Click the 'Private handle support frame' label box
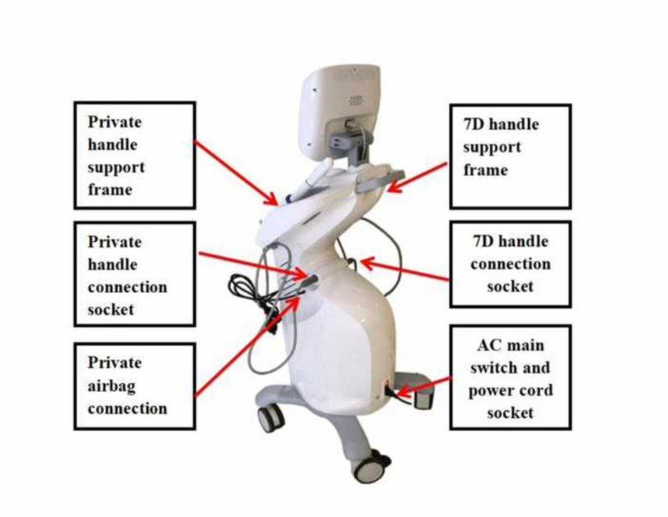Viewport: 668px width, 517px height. [x=134, y=155]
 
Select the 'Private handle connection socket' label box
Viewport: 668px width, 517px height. [x=134, y=274]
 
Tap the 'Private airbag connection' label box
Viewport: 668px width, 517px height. [x=134, y=386]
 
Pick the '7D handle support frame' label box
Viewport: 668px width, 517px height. [x=510, y=155]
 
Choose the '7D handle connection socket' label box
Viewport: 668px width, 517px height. [x=510, y=263]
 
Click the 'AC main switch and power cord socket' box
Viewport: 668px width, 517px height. [x=510, y=378]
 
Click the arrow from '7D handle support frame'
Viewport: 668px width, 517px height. [x=418, y=175]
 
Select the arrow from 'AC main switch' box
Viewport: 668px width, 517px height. [x=422, y=384]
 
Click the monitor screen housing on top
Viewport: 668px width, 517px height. [x=341, y=105]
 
